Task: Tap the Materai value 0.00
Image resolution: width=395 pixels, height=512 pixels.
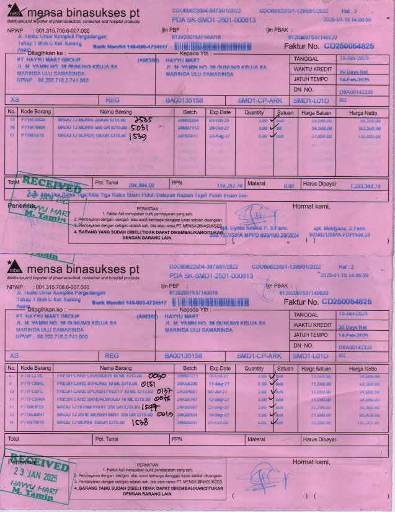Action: (x=288, y=186)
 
